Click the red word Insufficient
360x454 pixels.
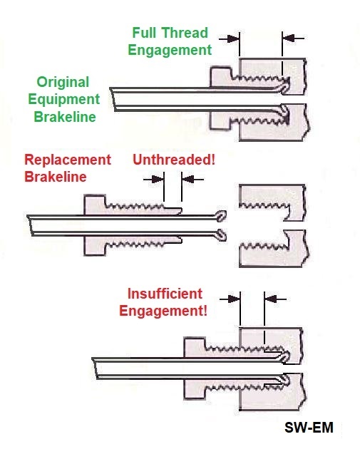(x=165, y=294)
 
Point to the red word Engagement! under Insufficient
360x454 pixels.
(x=164, y=311)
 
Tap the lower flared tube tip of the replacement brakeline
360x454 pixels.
(x=222, y=234)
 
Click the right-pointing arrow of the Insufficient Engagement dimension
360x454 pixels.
(x=230, y=299)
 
